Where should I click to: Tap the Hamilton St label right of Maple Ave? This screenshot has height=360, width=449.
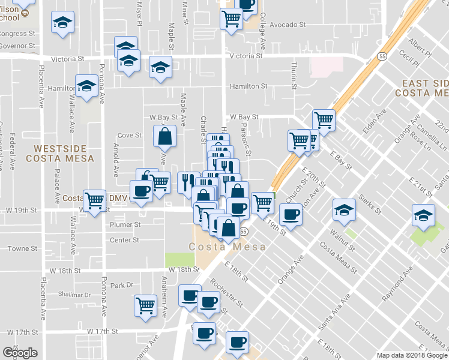pos(248,86)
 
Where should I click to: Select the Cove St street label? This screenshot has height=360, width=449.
pos(129,136)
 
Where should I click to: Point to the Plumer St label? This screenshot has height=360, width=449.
pos(125,225)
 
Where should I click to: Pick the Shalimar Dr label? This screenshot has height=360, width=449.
pos(75,295)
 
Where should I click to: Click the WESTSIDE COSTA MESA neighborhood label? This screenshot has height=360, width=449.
pos(60,153)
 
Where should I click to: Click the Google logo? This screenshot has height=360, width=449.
pos(19,353)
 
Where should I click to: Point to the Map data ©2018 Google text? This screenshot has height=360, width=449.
pos(412,355)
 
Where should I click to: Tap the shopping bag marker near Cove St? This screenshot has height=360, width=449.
pos(164,137)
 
